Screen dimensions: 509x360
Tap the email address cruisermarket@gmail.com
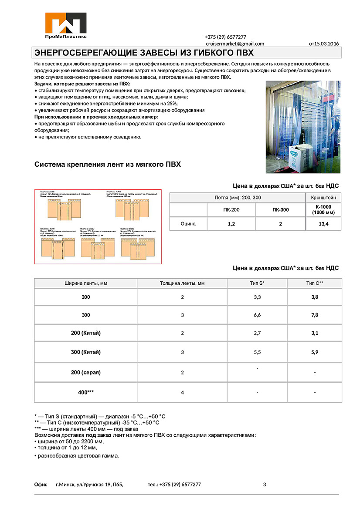tap(235, 44)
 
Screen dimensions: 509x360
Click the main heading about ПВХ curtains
tap(144, 53)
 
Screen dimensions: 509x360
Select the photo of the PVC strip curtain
tap(302, 127)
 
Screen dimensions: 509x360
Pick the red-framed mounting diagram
tap(98, 226)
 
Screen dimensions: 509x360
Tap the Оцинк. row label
tap(188, 224)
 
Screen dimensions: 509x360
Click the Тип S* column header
tap(257, 283)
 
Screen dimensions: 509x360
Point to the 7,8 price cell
tap(314, 315)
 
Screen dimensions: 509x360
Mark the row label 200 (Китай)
tap(85, 333)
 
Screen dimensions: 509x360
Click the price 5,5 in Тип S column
tap(257, 352)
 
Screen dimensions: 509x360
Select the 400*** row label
tap(85, 392)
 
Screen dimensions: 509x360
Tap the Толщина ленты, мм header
tap(182, 283)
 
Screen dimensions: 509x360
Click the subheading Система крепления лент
tap(107, 165)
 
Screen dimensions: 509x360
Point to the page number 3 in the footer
tap(265, 484)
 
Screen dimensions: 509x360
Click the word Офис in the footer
tap(41, 484)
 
